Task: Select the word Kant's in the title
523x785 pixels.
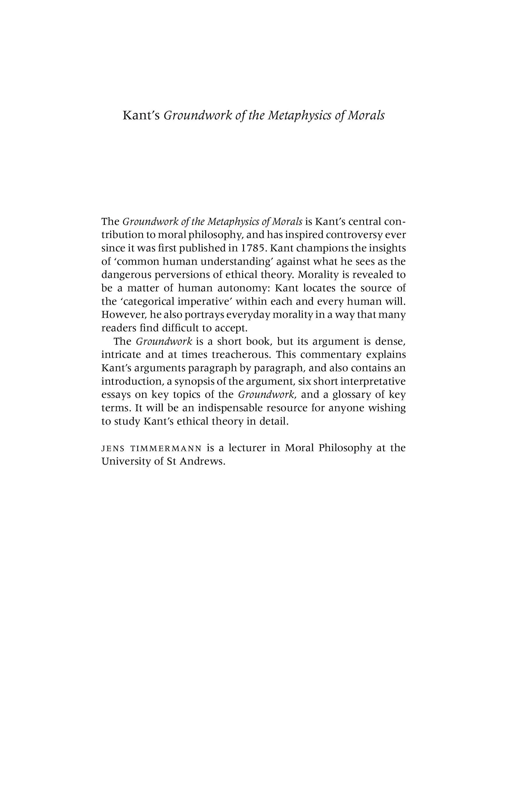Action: (x=142, y=115)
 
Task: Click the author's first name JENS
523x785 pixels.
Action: (x=113, y=448)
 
